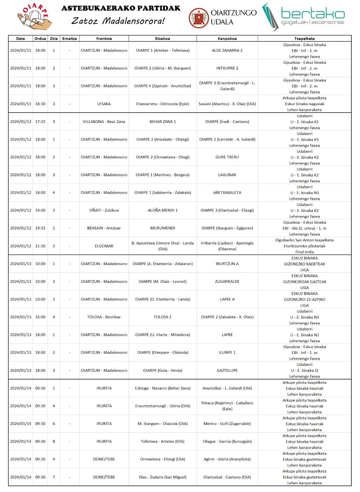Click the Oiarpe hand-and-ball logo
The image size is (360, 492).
tap(34, 17)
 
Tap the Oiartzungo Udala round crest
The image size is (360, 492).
tap(198, 18)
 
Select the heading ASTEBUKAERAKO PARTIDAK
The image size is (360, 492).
tap(121, 8)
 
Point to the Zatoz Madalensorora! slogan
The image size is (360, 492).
tap(118, 21)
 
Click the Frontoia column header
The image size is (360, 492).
tap(104, 39)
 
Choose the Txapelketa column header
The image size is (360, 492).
tap(304, 39)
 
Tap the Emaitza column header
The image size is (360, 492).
tap(70, 39)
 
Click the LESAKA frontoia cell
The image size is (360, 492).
tap(104, 104)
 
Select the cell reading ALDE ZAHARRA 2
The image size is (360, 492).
tap(227, 50)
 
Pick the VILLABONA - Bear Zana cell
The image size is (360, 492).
tap(104, 122)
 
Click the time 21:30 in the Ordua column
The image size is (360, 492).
tap(40, 246)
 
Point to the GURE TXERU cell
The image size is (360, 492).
tap(227, 157)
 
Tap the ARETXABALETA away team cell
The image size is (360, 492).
tap(227, 193)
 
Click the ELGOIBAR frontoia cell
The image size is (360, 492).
tap(104, 246)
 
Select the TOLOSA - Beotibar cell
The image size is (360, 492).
tap(104, 317)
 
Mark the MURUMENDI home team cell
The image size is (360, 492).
tap(162, 228)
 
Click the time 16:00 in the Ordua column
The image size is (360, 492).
tap(40, 317)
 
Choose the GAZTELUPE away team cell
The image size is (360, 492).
tap(227, 371)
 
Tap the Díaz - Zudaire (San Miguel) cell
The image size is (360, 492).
tap(162, 477)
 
